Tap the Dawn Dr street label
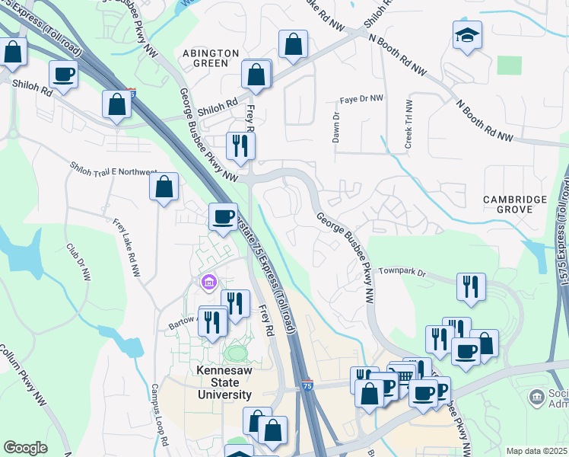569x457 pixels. (335, 127)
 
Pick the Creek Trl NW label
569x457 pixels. (408, 124)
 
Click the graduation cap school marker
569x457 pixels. (467, 35)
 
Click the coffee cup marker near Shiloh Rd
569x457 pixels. (64, 75)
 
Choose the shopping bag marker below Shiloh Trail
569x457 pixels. (164, 187)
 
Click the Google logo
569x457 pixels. (25, 448)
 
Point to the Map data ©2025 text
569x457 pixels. (536, 451)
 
